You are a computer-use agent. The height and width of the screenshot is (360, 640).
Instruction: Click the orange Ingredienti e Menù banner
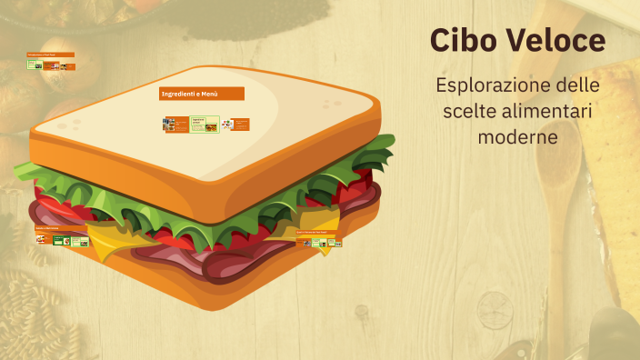202,94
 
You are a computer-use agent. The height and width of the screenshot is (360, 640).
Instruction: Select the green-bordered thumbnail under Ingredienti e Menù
205,124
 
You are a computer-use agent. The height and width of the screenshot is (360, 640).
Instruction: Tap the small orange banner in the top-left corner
50,55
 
